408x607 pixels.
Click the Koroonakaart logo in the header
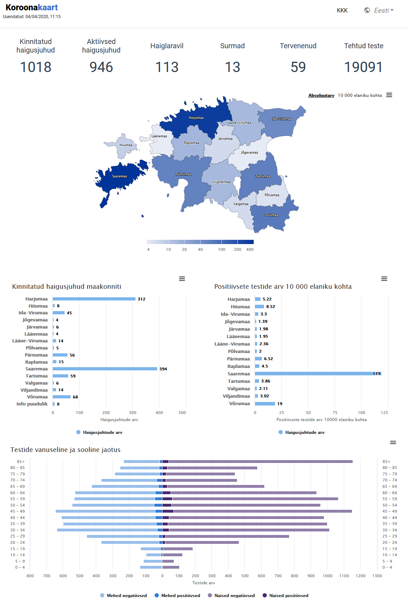pos(32,7)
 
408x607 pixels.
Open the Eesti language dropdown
pos(379,10)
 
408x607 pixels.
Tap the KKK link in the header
pos(342,10)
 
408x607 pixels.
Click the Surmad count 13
pos(232,67)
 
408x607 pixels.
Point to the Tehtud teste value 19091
pos(363,67)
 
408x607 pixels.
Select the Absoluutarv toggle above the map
pos(321,95)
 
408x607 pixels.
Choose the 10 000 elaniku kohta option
pos(360,95)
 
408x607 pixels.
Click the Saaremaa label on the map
pos(119,176)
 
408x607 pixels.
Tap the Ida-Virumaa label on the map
pos(282,119)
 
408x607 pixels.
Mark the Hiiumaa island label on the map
pos(126,145)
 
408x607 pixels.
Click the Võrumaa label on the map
pos(271,215)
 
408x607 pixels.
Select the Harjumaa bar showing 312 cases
pos(94,299)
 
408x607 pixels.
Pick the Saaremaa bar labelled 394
pos(105,369)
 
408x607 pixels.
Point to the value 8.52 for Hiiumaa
pos(270,307)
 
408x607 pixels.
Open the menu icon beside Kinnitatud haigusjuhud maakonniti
pos(182,279)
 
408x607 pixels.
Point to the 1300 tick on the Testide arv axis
pos(377,576)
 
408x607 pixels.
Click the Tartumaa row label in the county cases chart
pos(37,376)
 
